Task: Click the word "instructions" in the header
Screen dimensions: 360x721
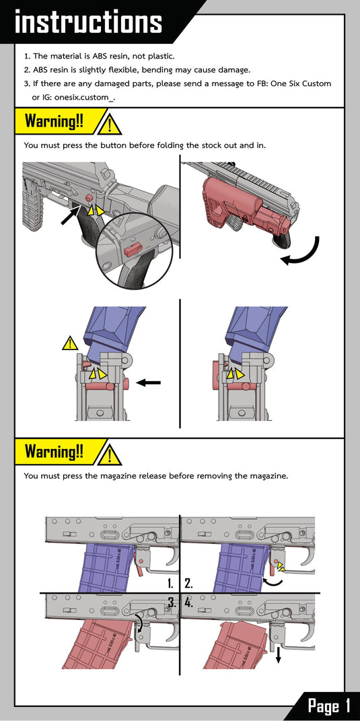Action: click(x=88, y=22)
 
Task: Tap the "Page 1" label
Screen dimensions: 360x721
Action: click(x=329, y=706)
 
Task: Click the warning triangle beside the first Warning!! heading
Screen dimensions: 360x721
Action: click(x=109, y=124)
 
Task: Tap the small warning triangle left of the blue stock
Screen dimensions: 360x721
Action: click(x=70, y=343)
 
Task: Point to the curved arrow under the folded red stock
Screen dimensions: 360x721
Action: click(x=303, y=255)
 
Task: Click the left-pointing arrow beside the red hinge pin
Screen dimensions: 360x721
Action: click(x=149, y=382)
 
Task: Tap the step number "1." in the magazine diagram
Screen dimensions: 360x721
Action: click(x=170, y=584)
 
